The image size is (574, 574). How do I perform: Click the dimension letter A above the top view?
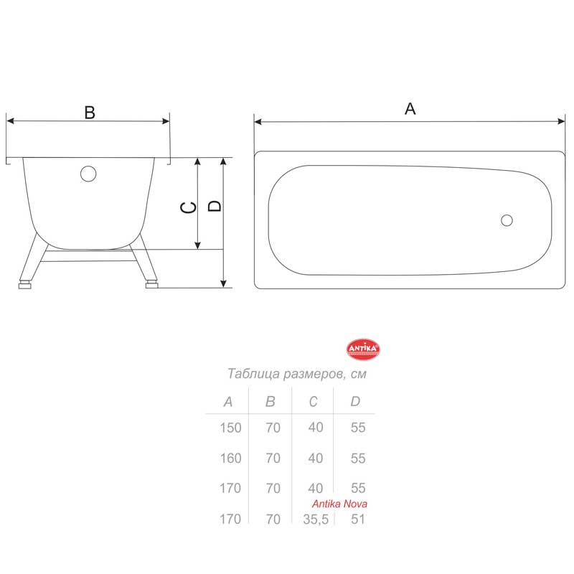pos(410,109)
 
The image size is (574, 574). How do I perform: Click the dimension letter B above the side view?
pos(90,113)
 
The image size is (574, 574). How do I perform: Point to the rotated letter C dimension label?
pos(189,207)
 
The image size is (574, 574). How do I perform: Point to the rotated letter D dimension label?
pos(215,206)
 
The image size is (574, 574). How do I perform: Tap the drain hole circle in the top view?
pos(507,220)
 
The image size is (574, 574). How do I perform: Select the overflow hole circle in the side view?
pos(88,174)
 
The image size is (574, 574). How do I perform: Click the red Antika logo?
pos(363,349)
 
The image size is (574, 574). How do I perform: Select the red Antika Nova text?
pos(339,504)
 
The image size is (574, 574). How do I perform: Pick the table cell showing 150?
pos(230,428)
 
